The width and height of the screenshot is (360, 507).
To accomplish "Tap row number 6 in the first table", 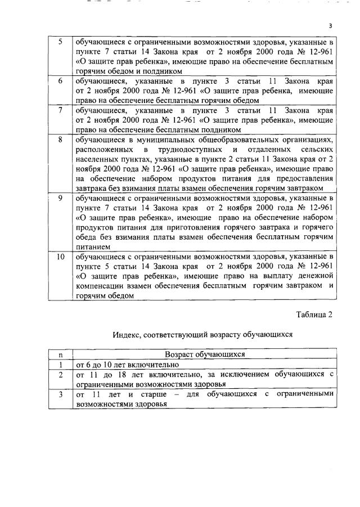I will coord(60,81).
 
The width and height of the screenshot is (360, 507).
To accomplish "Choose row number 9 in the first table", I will coord(60,198).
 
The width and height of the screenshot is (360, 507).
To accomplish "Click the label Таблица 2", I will coord(314,315).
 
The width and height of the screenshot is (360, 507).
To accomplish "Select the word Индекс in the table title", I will coord(127,334).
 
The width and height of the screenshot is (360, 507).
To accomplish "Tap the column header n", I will coord(60,355).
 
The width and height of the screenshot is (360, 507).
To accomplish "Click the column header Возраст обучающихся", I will coord(205,355).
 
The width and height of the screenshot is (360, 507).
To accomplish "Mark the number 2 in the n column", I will coord(60,374).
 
